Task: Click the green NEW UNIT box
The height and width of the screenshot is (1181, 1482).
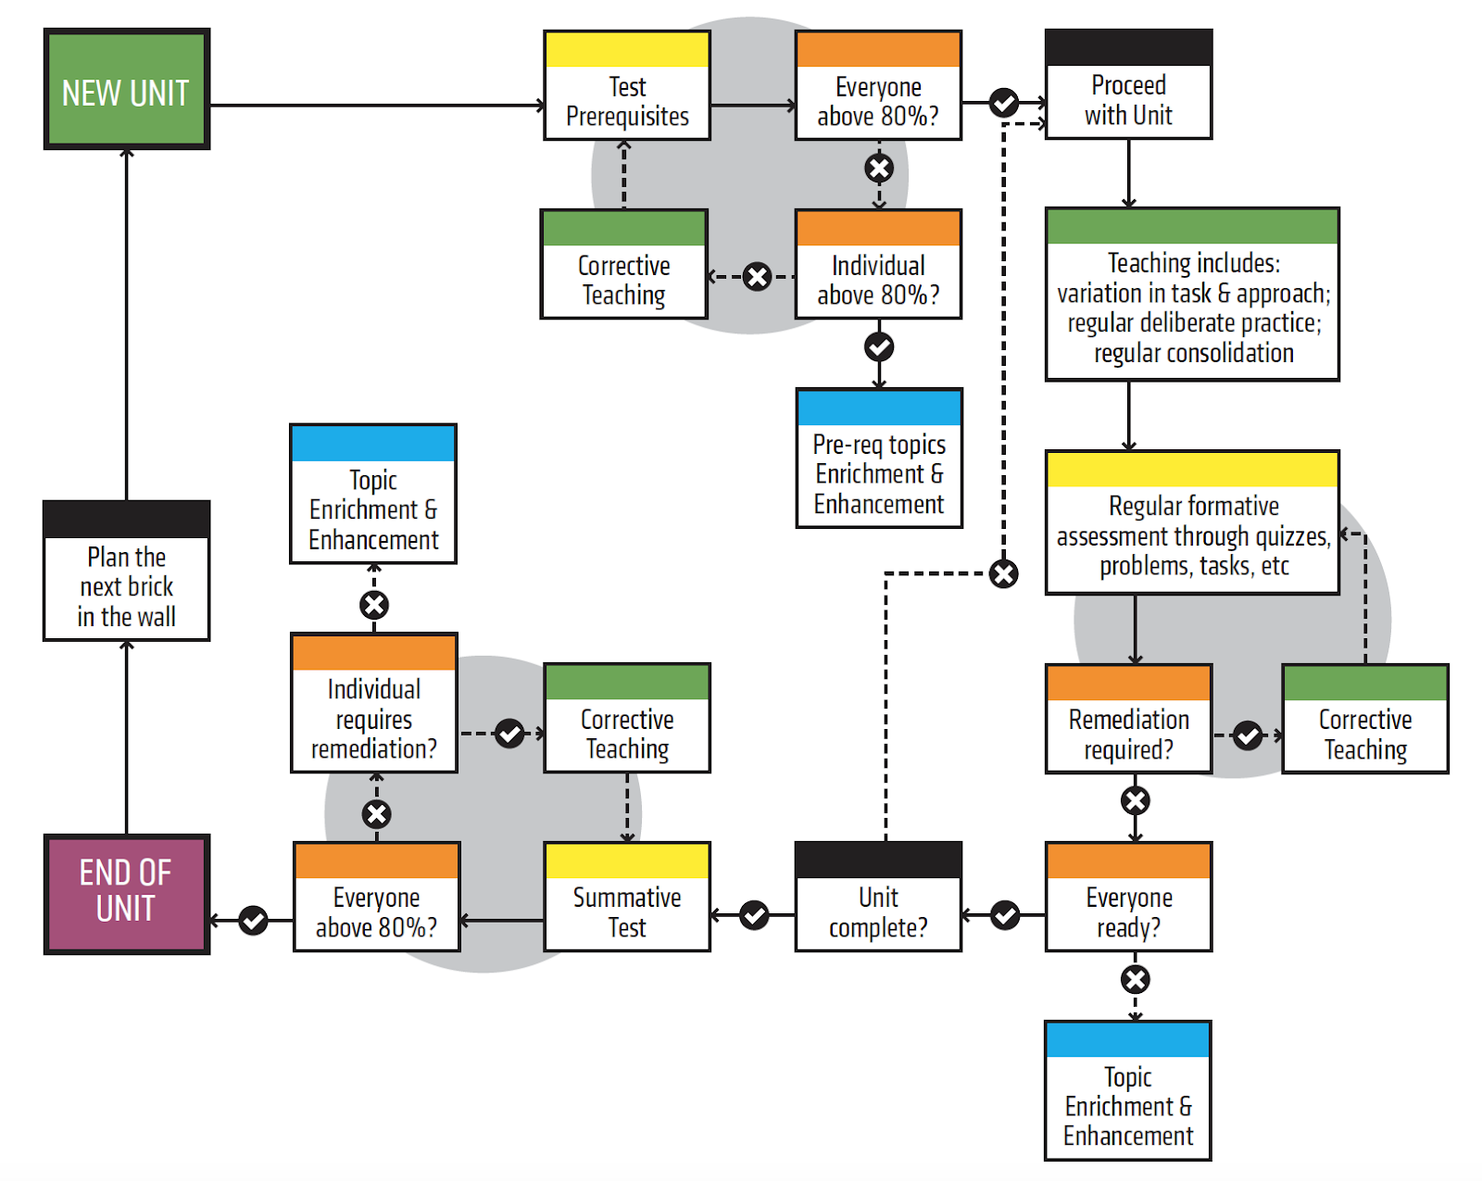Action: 126,90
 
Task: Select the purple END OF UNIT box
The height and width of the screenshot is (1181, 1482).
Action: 126,893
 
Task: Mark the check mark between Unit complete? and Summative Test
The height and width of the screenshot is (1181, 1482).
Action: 754,915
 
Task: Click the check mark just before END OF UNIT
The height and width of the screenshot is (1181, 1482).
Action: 253,920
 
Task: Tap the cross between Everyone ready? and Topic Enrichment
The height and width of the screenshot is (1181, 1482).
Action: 1136,979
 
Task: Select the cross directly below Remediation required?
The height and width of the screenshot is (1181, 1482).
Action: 1136,800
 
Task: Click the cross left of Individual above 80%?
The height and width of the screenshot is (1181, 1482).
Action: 758,276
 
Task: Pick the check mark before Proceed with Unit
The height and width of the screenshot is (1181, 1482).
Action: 1004,102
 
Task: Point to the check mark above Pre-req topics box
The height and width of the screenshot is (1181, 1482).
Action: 879,346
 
